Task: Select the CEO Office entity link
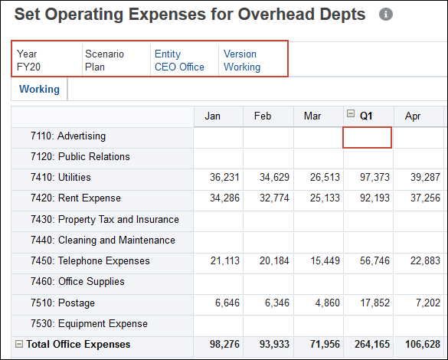point(179,67)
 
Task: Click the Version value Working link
point(241,67)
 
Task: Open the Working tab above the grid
point(39,90)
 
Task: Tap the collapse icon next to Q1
point(351,114)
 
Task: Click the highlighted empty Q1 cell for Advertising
point(368,137)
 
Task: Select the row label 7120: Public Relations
point(93,157)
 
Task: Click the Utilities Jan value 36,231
point(224,178)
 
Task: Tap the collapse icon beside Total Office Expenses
point(19,345)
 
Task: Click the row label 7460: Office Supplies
point(91,282)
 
